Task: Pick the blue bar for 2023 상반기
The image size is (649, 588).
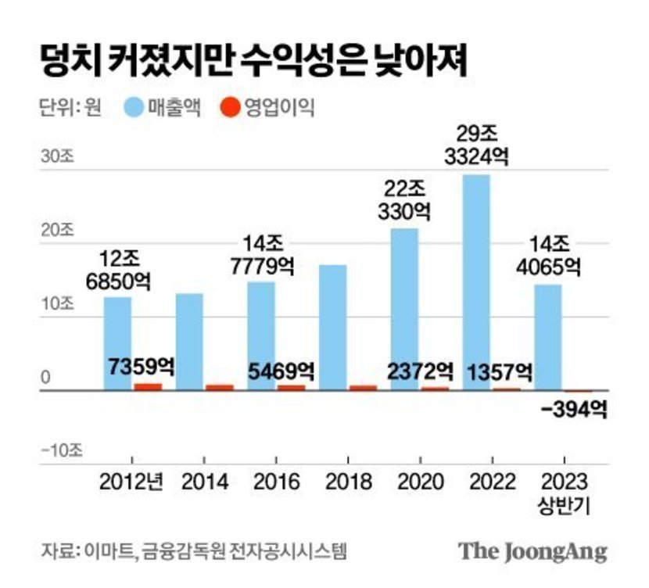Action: [547, 336]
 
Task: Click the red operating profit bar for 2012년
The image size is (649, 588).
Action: [148, 386]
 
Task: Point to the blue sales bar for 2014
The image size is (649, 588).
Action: [188, 341]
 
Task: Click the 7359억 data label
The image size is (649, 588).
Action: [141, 367]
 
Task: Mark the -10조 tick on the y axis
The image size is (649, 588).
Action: [57, 450]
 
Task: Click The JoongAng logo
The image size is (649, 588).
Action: [532, 550]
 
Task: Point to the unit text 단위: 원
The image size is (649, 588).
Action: [70, 108]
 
